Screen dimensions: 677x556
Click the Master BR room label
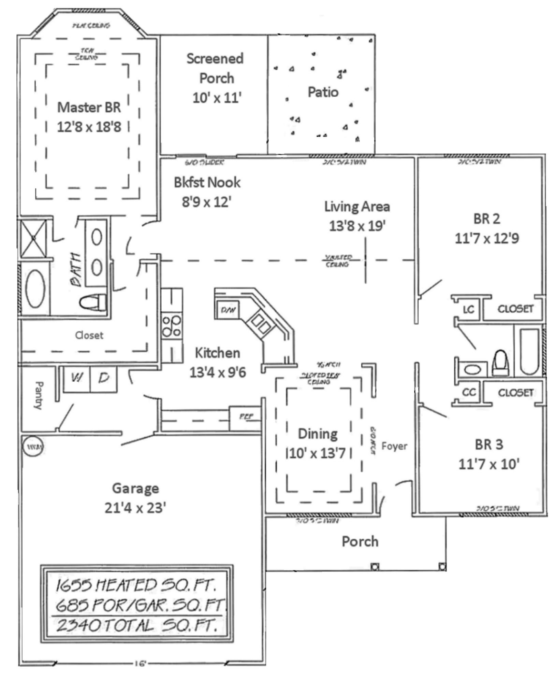[89, 108]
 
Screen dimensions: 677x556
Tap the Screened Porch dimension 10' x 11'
[217, 98]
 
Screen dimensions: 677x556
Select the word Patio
[323, 92]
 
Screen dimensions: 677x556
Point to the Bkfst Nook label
[207, 182]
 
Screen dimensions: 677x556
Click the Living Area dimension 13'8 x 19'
[357, 226]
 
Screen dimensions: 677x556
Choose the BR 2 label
[486, 219]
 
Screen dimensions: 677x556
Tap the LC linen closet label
[468, 309]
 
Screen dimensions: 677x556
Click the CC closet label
[469, 392]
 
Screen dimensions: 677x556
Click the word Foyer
[394, 446]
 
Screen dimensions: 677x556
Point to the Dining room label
[318, 434]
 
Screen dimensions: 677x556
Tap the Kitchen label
[217, 353]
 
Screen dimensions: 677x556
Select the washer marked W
[77, 378]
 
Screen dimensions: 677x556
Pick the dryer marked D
[103, 378]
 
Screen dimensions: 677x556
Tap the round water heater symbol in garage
[33, 447]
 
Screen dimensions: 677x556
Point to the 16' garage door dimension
[140, 663]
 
